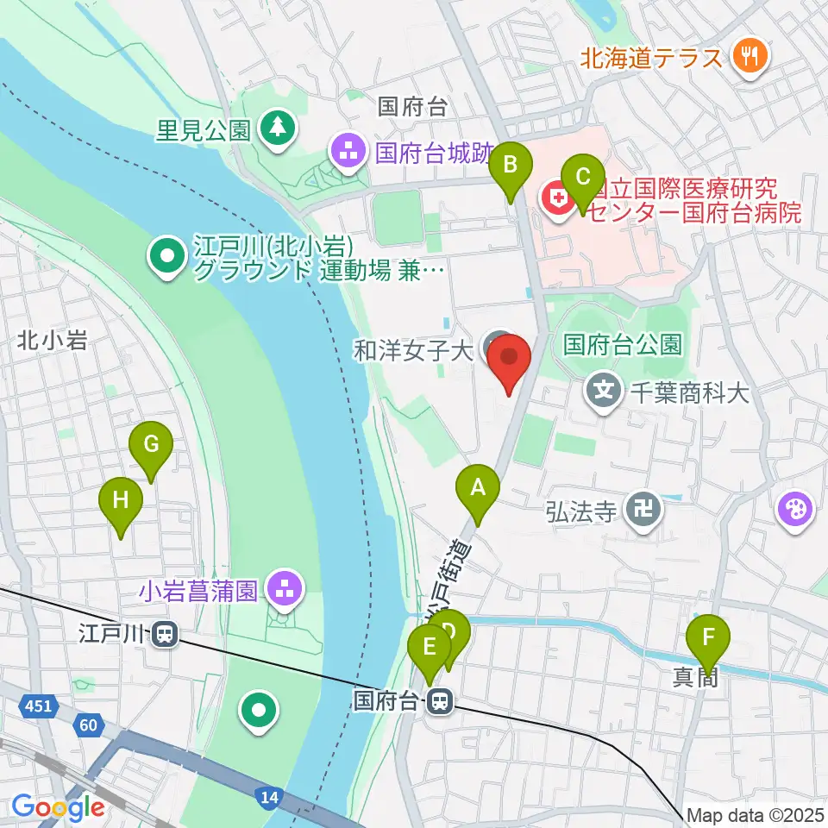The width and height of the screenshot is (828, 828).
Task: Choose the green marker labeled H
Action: [121, 501]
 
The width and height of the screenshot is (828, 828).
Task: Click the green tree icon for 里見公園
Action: [277, 129]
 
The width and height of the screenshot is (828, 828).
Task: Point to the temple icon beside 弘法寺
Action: [643, 511]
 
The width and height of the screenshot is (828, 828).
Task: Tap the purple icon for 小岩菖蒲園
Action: [283, 591]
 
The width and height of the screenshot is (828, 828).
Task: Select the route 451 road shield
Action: [37, 707]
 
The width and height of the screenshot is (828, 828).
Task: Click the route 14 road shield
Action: [270, 798]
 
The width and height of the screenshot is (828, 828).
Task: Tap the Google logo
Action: [58, 808]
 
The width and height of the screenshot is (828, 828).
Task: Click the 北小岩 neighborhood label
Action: [52, 341]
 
